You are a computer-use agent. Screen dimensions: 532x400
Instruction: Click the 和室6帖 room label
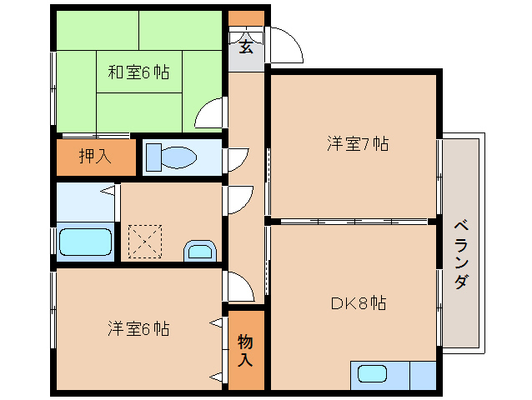coord(138,72)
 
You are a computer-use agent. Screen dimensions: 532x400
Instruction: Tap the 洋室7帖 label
coord(358,143)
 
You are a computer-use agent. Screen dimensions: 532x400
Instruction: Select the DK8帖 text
coord(359,302)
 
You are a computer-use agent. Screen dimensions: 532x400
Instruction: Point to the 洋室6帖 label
coord(138,328)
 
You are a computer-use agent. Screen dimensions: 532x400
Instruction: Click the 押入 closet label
coord(95,157)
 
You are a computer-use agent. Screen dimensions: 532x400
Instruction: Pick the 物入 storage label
coord(245,350)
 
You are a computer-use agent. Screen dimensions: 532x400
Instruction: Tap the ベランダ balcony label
coord(461,254)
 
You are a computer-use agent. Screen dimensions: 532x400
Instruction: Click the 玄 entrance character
coord(246,47)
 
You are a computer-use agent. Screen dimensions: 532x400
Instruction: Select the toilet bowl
coord(179,157)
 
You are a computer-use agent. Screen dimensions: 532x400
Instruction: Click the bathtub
coord(86,242)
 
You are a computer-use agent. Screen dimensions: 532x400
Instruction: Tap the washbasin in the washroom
coord(200,251)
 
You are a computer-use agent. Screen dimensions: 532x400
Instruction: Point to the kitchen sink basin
coord(372,374)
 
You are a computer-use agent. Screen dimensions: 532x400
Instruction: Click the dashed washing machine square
coord(145,242)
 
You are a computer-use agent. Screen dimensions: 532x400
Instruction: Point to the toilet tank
coord(153,157)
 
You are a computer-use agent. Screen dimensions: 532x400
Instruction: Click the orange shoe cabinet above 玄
coord(246,18)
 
